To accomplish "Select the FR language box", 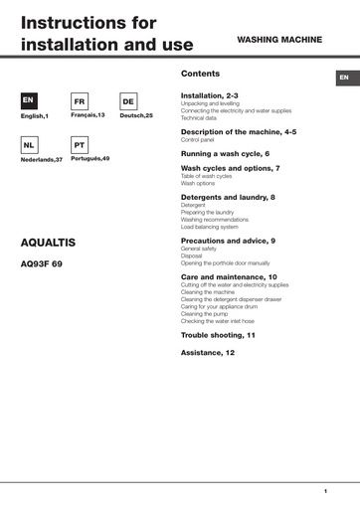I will pos(80,101).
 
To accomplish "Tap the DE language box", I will pos(128,101).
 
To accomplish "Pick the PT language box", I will pos(80,144).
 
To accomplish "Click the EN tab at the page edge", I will pos(343,78).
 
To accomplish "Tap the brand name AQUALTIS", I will pos(49,243).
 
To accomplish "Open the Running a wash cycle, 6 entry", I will pos(225,154).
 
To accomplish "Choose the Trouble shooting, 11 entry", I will pos(218,335).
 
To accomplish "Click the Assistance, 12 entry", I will pos(208,353).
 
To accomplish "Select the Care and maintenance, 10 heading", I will pos(229,276).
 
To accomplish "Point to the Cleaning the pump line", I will pos(205,314).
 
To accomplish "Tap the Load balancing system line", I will pos(210,227).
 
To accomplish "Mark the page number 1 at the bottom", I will pos(325,491).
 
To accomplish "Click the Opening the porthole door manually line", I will pos(225,262).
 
